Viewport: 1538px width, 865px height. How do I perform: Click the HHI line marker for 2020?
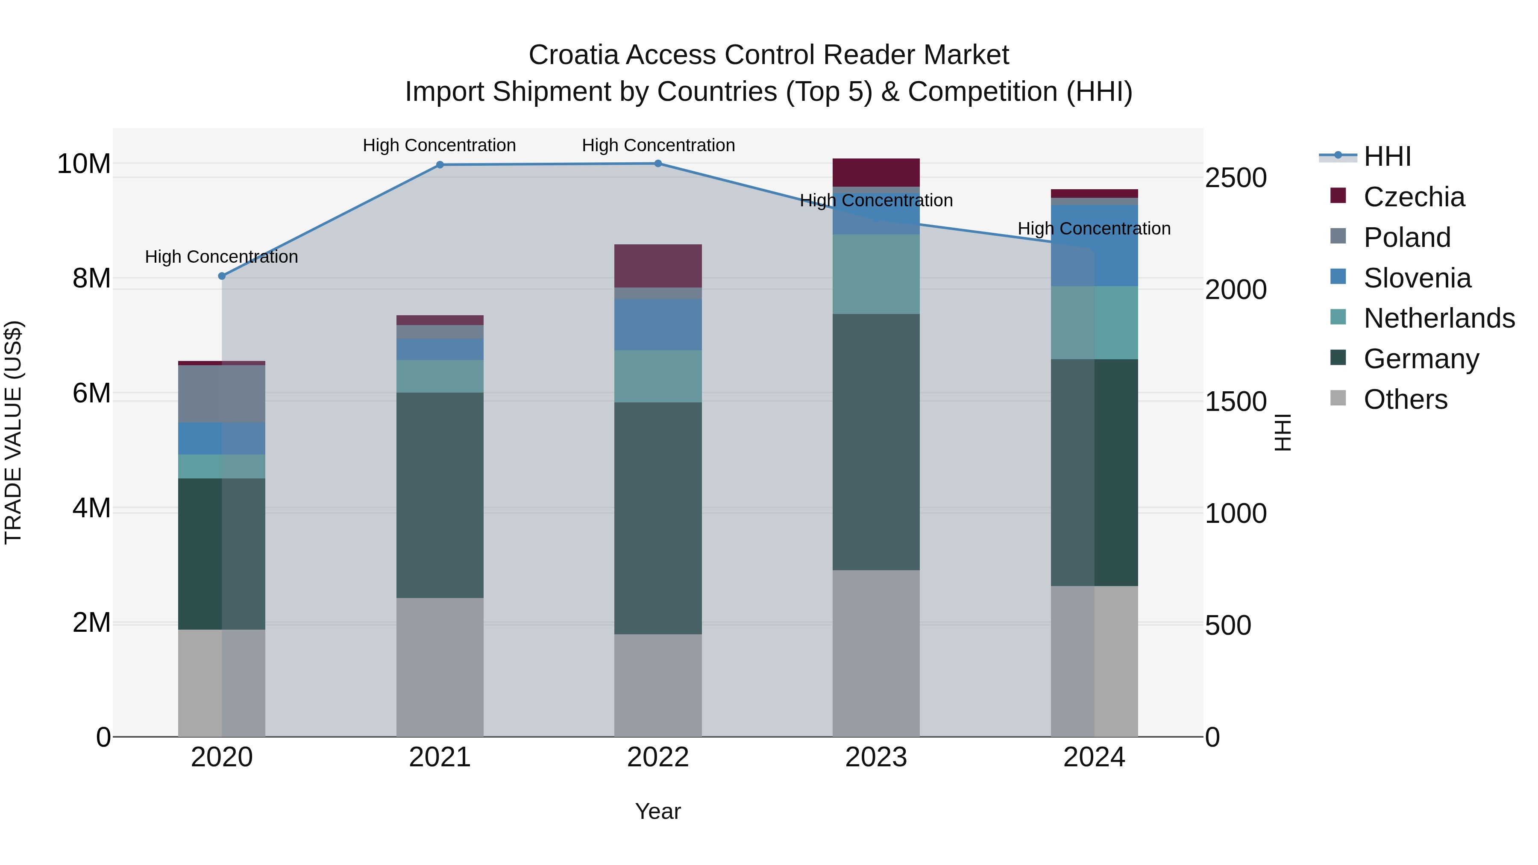point(221,276)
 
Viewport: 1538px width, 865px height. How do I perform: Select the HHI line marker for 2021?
point(440,165)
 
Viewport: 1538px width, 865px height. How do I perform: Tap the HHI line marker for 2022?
point(658,164)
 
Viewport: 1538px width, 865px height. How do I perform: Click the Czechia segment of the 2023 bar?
point(876,173)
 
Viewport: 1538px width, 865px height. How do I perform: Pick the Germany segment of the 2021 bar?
point(440,495)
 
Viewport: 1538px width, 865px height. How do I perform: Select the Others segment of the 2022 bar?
point(658,685)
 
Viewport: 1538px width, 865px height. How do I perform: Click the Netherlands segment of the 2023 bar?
point(876,274)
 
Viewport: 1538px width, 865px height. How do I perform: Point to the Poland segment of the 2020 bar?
point(221,394)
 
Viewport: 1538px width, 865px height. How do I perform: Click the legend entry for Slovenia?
point(1417,278)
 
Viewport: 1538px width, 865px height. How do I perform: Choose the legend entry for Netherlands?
point(1438,318)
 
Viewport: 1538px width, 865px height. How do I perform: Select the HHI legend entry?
point(1387,156)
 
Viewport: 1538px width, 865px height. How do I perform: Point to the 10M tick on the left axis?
point(84,164)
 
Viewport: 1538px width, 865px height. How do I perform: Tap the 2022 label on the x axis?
point(658,757)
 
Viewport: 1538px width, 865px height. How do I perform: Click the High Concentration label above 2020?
point(221,257)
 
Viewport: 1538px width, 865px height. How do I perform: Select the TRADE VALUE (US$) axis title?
point(13,432)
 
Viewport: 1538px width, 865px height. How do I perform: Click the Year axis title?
point(657,811)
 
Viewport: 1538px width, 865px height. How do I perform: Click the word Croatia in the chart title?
point(573,55)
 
